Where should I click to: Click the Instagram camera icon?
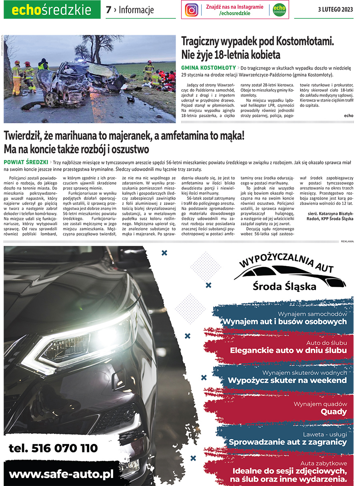click(192, 10)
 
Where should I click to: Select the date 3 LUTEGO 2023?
click(336, 10)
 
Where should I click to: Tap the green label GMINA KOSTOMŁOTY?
click(208, 68)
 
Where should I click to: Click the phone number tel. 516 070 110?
click(53, 448)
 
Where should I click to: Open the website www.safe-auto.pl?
click(61, 474)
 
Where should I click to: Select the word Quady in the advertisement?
click(334, 412)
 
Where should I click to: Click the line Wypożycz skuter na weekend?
click(287, 380)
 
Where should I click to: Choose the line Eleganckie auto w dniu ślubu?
click(288, 350)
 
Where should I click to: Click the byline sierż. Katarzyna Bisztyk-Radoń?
click(331, 215)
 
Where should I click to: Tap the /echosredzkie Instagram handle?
click(235, 13)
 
